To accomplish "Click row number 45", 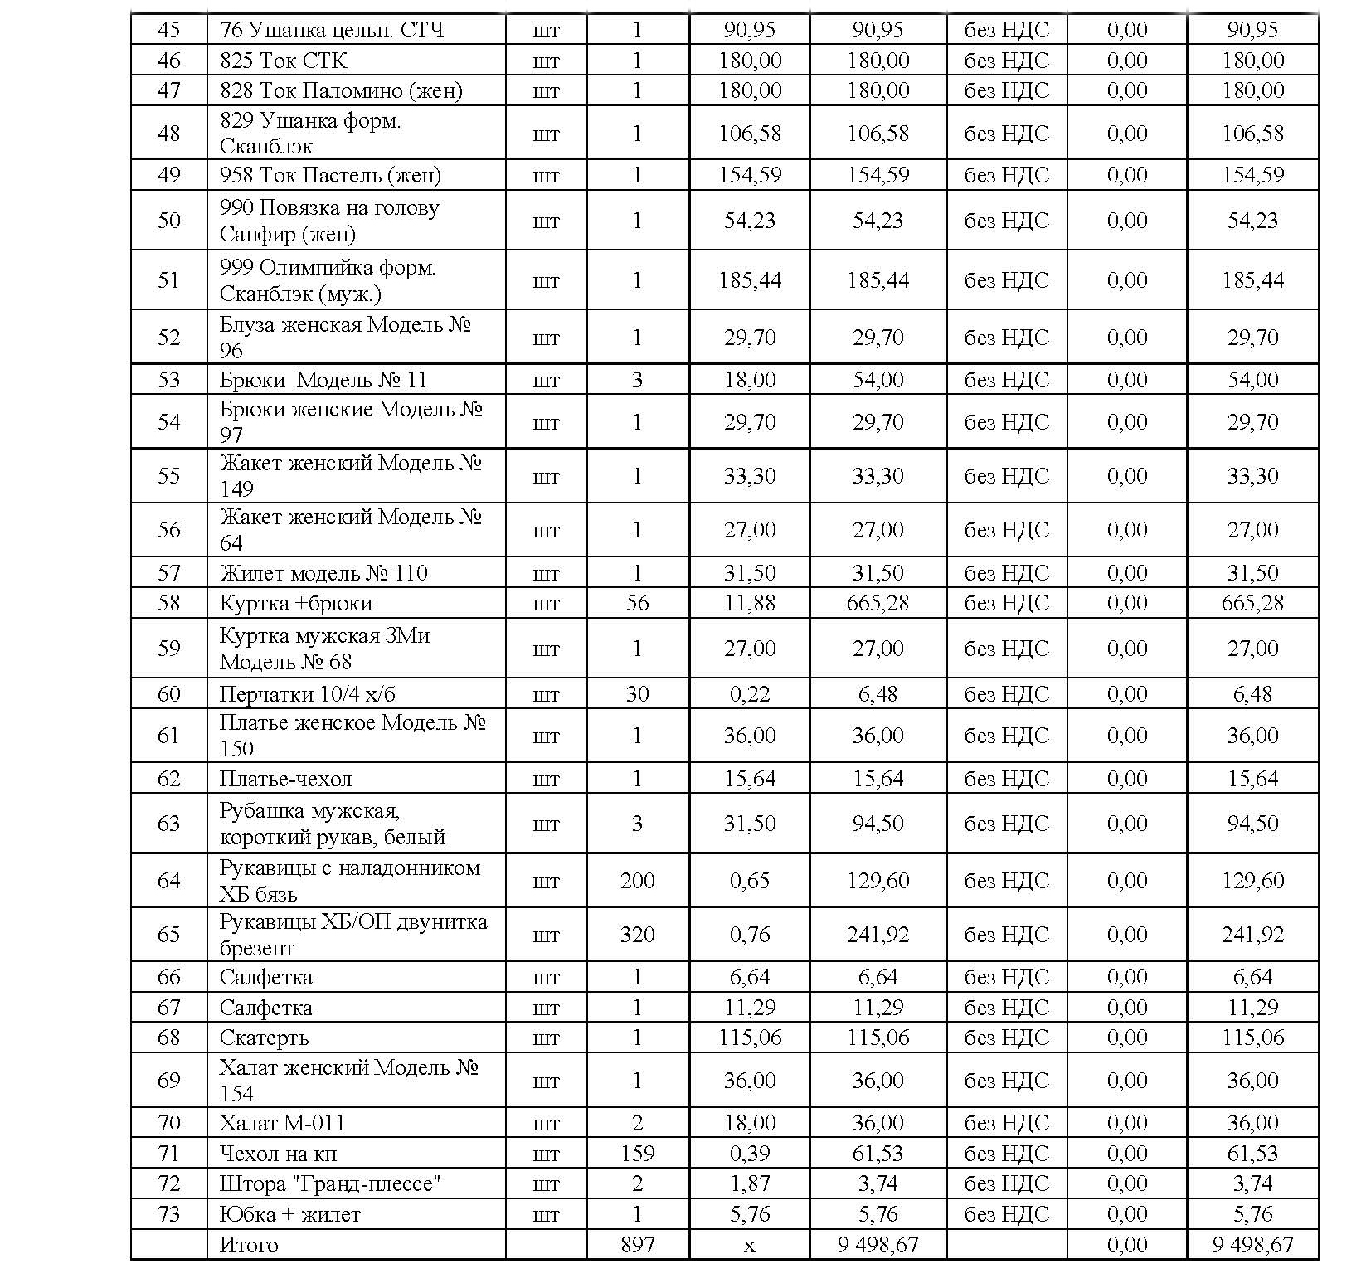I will (168, 30).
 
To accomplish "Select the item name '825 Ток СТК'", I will (283, 61).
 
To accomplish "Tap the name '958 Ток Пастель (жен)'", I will (330, 175).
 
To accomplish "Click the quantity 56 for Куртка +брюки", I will (637, 603).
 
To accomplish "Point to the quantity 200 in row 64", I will (637, 881).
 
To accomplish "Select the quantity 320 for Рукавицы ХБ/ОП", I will (637, 935).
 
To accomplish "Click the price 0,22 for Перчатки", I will (750, 694).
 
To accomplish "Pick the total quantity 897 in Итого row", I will (637, 1245).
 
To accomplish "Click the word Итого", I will (249, 1245).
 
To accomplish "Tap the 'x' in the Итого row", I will (750, 1246).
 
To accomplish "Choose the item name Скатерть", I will (264, 1038).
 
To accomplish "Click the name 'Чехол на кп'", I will (278, 1154).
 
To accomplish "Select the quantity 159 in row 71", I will (637, 1154).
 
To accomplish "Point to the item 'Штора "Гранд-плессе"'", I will (329, 1183).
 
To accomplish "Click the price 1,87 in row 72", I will (750, 1183).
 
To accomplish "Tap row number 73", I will (168, 1214).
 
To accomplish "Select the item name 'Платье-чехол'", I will (285, 779).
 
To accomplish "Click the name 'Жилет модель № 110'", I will (323, 573).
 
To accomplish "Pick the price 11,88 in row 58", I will (750, 603).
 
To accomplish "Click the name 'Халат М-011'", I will (282, 1123).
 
